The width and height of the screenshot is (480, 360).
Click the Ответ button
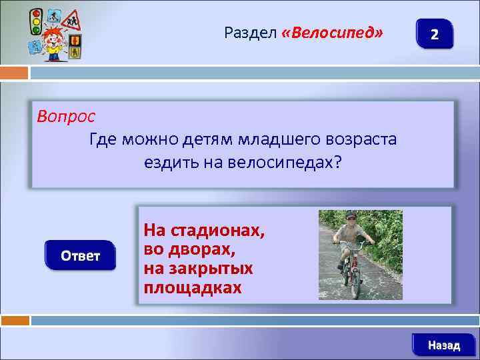click(x=80, y=255)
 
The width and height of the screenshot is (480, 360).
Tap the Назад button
click(x=443, y=345)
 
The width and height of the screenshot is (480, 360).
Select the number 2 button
click(x=434, y=34)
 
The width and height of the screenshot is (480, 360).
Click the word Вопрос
click(x=66, y=115)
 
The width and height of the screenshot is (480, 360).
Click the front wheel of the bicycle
click(x=355, y=283)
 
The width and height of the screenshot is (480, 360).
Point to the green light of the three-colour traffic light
click(x=35, y=30)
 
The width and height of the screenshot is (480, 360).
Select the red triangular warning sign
click(x=71, y=21)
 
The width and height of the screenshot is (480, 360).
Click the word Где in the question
click(x=102, y=139)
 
